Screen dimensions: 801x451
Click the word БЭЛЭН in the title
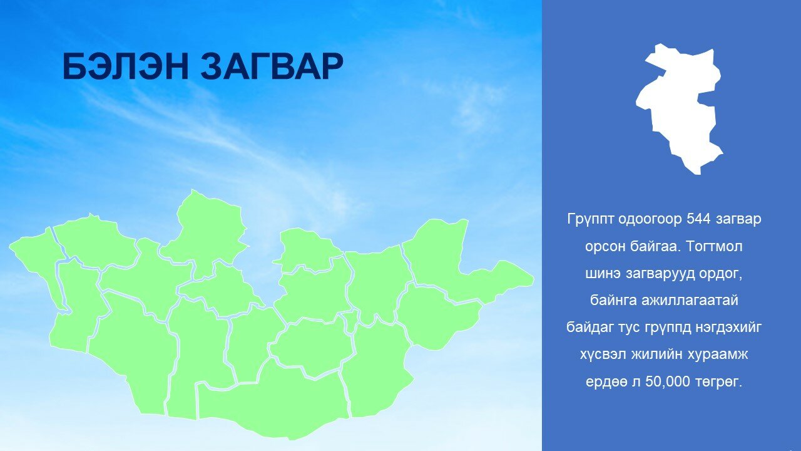coord(126,66)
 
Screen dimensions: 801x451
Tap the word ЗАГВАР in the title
coord(272,66)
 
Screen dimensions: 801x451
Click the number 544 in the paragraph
coord(698,219)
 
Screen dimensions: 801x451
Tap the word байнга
coord(613,301)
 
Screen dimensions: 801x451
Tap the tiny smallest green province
coord(351,321)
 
